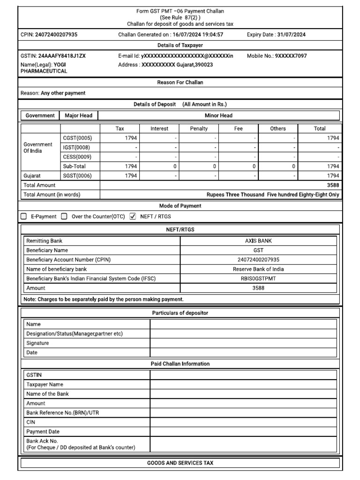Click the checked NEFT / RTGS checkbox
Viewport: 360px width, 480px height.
pos(132,217)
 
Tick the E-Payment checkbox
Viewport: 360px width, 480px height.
pos(23,217)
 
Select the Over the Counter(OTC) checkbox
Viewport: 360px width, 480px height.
pos(64,217)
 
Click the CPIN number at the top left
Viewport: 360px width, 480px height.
pos(56,34)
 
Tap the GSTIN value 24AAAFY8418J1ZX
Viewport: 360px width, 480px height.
pos(62,56)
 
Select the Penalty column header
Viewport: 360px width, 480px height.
pos(199,128)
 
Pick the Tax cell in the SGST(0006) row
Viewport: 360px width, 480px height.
pos(120,176)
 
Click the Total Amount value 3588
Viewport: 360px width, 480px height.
pos(333,185)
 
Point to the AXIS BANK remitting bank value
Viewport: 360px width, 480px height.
pos(258,241)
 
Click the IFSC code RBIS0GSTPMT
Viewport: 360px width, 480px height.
pos(258,278)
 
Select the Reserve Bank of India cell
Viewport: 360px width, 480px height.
pos(258,269)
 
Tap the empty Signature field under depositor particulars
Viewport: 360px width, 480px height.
pos(243,343)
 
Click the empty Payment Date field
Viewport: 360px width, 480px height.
pos(243,431)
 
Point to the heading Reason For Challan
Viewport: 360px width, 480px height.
pos(180,82)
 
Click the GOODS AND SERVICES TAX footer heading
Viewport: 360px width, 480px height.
pos(180,463)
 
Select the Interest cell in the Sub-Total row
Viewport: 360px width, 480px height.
pos(159,166)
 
